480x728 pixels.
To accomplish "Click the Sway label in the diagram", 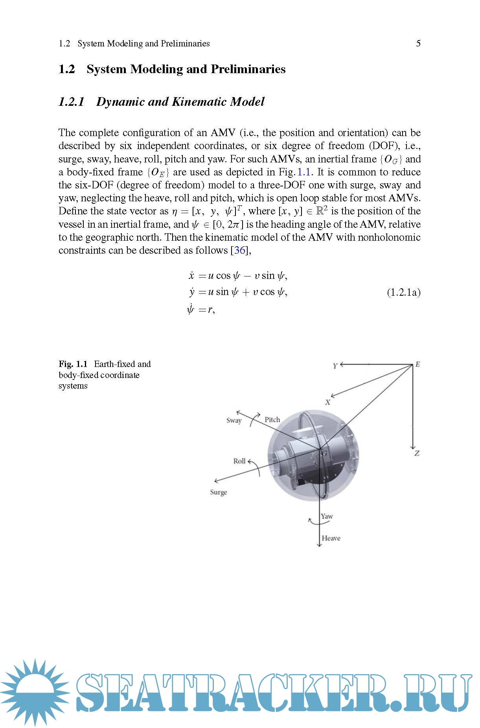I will tap(234, 420).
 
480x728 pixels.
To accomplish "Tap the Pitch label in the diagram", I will tap(272, 420).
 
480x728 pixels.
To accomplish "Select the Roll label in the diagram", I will tap(239, 461).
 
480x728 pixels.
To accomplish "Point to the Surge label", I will tap(219, 492).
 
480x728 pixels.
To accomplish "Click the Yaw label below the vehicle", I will tap(327, 516).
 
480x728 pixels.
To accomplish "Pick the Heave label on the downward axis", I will tap(331, 538).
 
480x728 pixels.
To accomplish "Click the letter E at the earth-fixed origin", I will tap(417, 364).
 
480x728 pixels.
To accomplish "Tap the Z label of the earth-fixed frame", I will tap(417, 453).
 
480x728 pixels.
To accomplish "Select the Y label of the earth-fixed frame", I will tap(335, 366).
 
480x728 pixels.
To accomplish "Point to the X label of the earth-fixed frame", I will tap(327, 402).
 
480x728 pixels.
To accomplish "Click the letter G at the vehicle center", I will tap(324, 453).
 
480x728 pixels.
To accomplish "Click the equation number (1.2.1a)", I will tap(404, 292).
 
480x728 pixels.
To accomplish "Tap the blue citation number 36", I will tap(240, 250).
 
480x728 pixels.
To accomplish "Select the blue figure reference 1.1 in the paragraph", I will tap(304, 172).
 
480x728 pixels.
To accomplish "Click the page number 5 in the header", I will tap(418, 43).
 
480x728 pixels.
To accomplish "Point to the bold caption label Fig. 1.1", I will tap(73, 364).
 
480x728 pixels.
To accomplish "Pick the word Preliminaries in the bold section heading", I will tap(248, 69).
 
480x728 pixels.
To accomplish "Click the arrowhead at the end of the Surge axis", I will tap(215, 481).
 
